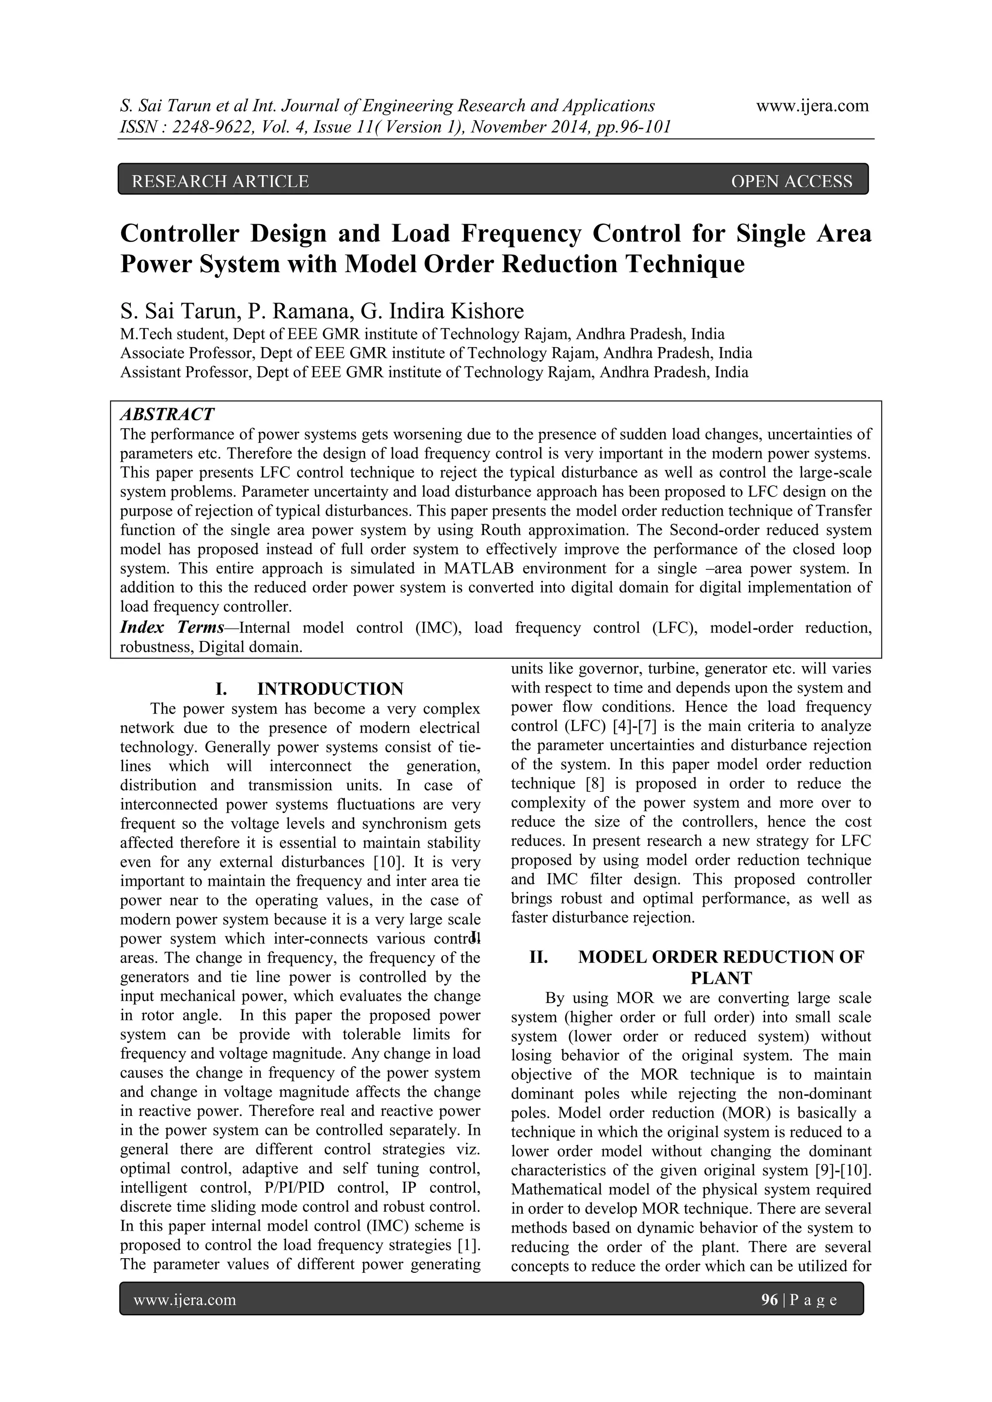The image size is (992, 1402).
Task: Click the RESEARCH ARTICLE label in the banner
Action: [220, 182]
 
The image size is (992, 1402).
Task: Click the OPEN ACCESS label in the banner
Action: [791, 182]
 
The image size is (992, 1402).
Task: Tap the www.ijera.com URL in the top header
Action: [812, 106]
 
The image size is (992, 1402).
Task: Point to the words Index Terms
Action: [171, 628]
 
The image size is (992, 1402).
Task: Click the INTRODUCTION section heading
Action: [330, 689]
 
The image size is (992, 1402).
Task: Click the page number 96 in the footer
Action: [769, 1300]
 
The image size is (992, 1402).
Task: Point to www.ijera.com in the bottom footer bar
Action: [185, 1300]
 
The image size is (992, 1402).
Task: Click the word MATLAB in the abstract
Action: [478, 568]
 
